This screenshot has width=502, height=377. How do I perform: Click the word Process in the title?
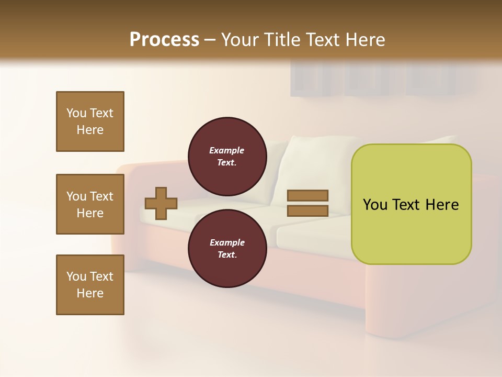(x=164, y=39)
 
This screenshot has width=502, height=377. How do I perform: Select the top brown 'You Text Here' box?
(x=90, y=121)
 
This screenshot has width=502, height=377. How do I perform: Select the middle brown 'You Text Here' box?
(x=90, y=204)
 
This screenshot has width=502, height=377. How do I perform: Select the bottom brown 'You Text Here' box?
(x=90, y=284)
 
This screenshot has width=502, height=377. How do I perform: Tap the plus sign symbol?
(x=161, y=203)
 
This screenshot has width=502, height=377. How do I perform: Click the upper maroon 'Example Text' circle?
(x=226, y=156)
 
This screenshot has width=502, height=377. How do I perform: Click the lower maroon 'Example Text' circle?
(x=226, y=248)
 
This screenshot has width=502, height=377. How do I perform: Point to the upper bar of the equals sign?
(x=307, y=196)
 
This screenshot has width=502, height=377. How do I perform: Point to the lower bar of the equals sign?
(x=307, y=210)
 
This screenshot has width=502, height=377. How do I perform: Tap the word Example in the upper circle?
(x=226, y=150)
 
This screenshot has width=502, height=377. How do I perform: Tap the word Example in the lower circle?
(x=226, y=242)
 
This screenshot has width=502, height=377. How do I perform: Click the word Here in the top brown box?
(x=90, y=130)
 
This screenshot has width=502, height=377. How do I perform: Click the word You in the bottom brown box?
(x=76, y=276)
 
